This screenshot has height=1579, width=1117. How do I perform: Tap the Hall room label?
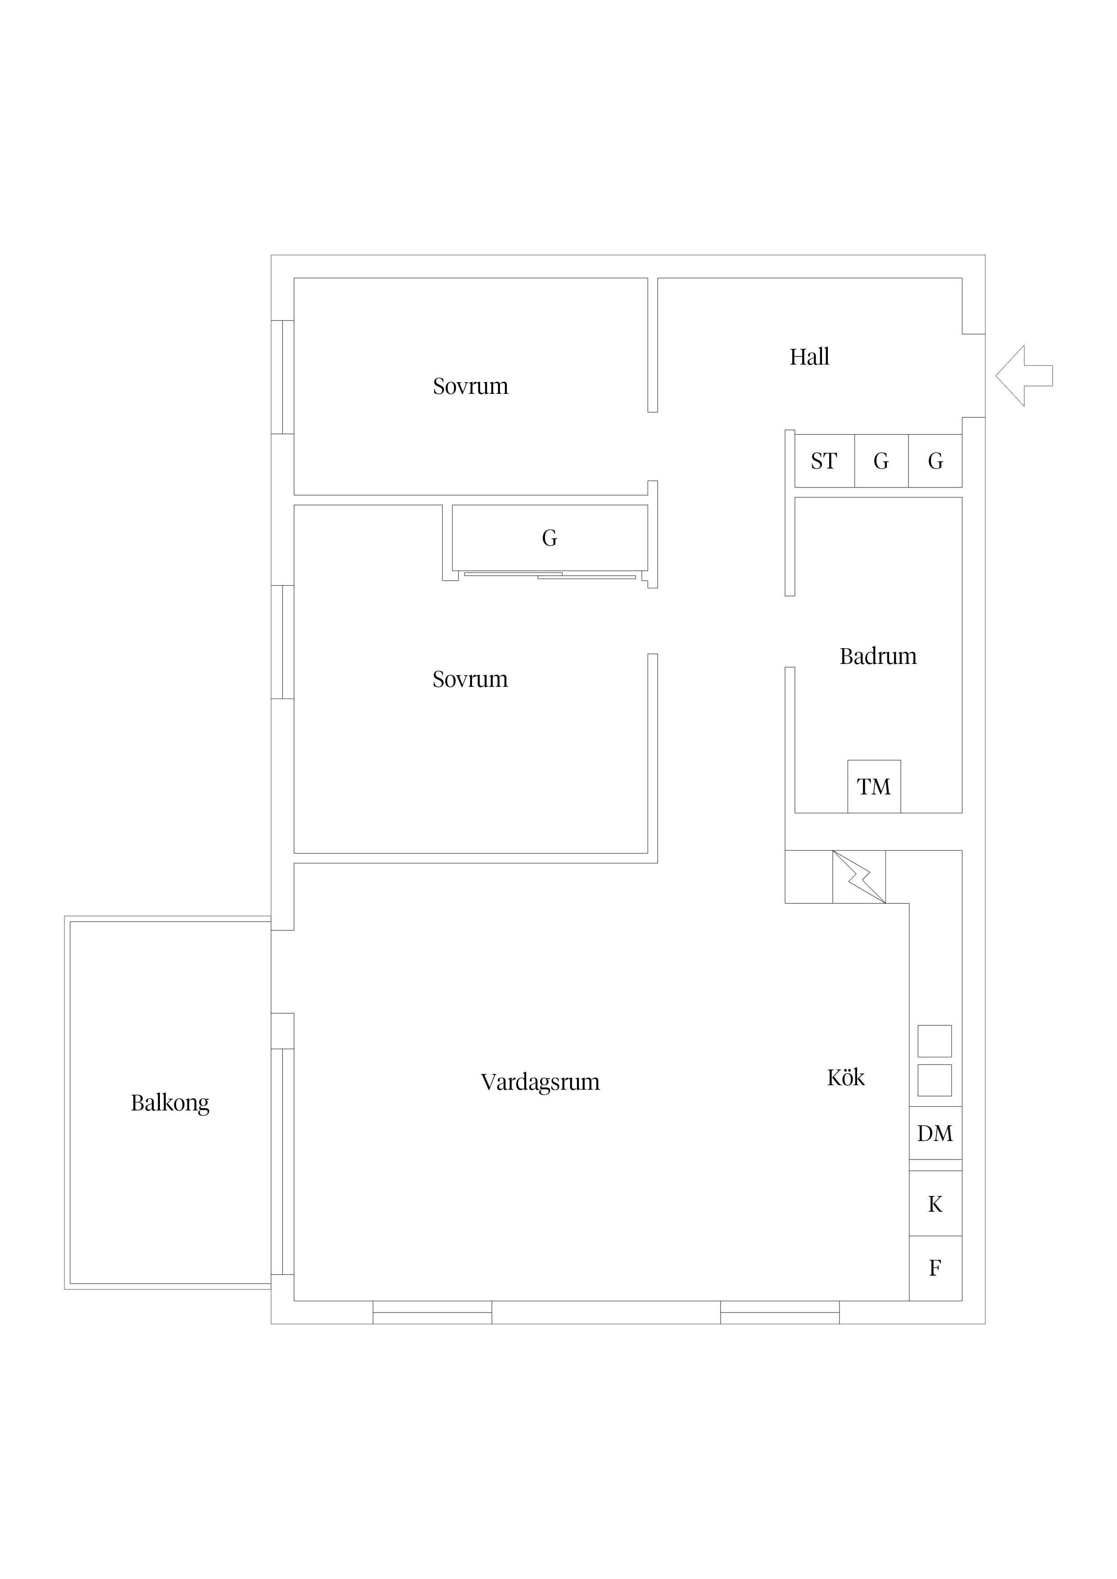point(809,357)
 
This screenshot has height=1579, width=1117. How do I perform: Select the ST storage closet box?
point(825,461)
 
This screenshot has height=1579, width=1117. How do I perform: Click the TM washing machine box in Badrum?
point(874,786)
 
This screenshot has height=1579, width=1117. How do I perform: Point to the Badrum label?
point(878,656)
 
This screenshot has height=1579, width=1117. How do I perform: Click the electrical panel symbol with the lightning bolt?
point(859,877)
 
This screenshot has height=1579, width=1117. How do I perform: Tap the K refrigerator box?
point(935,1204)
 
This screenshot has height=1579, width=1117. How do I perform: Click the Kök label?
point(846,1077)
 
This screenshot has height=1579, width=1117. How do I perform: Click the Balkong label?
point(170,1103)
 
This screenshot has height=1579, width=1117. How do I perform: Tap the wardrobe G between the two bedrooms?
point(550,538)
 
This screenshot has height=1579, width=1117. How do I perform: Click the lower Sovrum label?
point(470,680)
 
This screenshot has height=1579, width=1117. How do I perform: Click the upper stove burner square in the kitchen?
point(935,1041)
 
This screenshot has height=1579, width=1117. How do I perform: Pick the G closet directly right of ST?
point(881,461)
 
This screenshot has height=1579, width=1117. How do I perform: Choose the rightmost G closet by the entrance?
point(935,461)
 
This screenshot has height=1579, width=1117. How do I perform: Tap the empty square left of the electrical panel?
point(808,877)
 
